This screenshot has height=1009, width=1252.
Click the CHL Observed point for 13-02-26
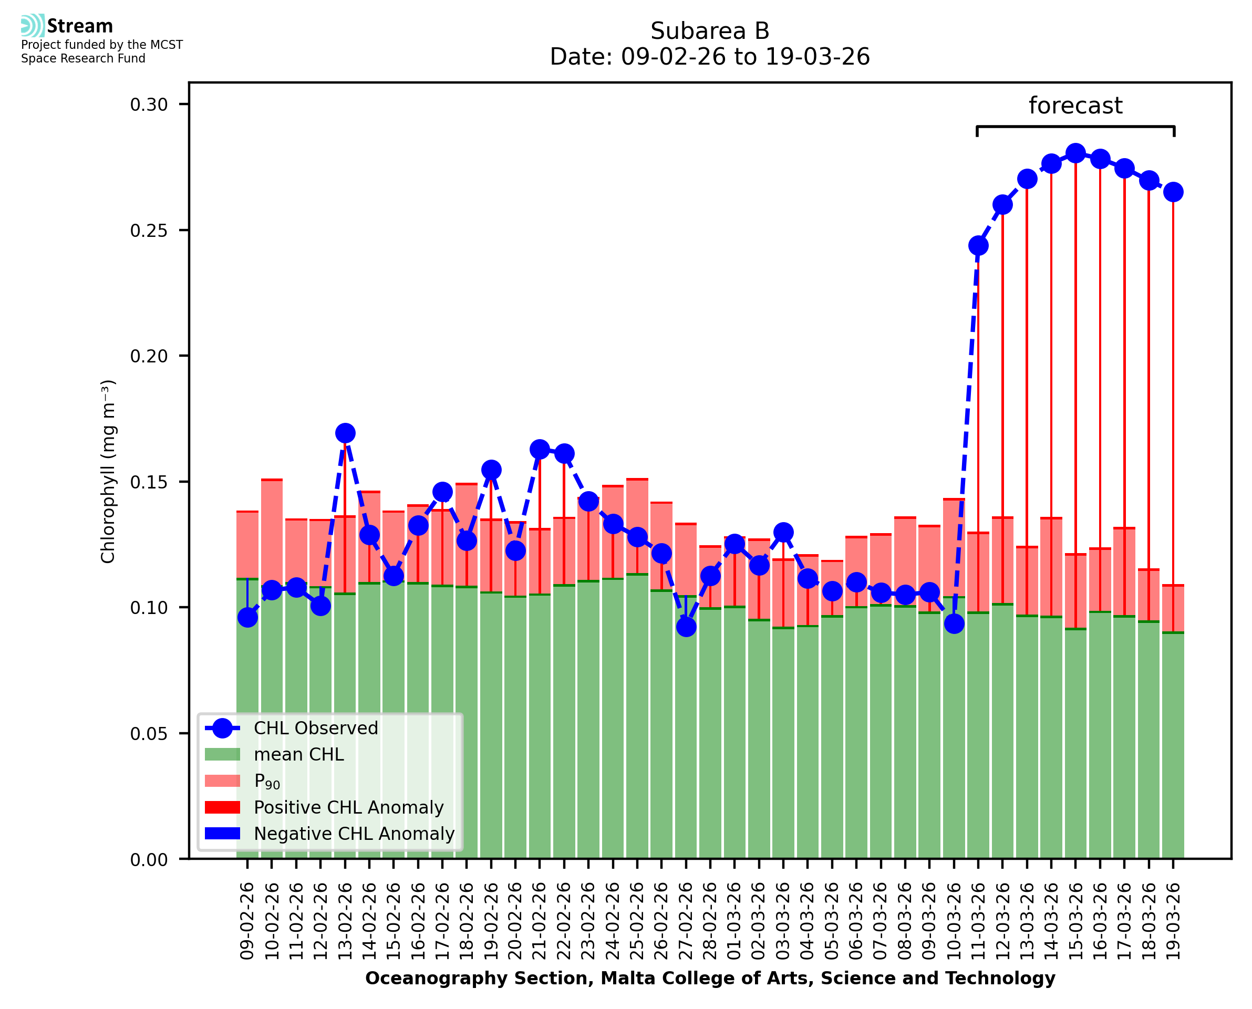click(345, 433)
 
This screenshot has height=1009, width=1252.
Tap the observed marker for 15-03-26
click(1075, 153)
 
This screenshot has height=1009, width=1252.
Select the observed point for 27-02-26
click(686, 627)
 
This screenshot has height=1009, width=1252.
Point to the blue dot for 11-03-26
click(978, 246)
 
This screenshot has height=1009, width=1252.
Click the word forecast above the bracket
click(1075, 106)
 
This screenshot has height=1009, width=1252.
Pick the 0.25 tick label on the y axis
click(149, 231)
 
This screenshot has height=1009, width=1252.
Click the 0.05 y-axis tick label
click(149, 733)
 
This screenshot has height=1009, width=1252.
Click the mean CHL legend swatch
click(222, 754)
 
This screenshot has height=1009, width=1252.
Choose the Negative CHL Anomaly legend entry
click(354, 834)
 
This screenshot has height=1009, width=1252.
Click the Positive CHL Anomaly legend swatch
click(222, 807)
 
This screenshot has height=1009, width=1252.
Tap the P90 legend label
click(267, 782)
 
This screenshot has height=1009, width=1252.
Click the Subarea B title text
click(710, 31)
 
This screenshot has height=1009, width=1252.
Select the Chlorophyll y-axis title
click(108, 471)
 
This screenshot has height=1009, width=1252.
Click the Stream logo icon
click(33, 26)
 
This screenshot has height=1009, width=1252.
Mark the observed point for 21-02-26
click(540, 449)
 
